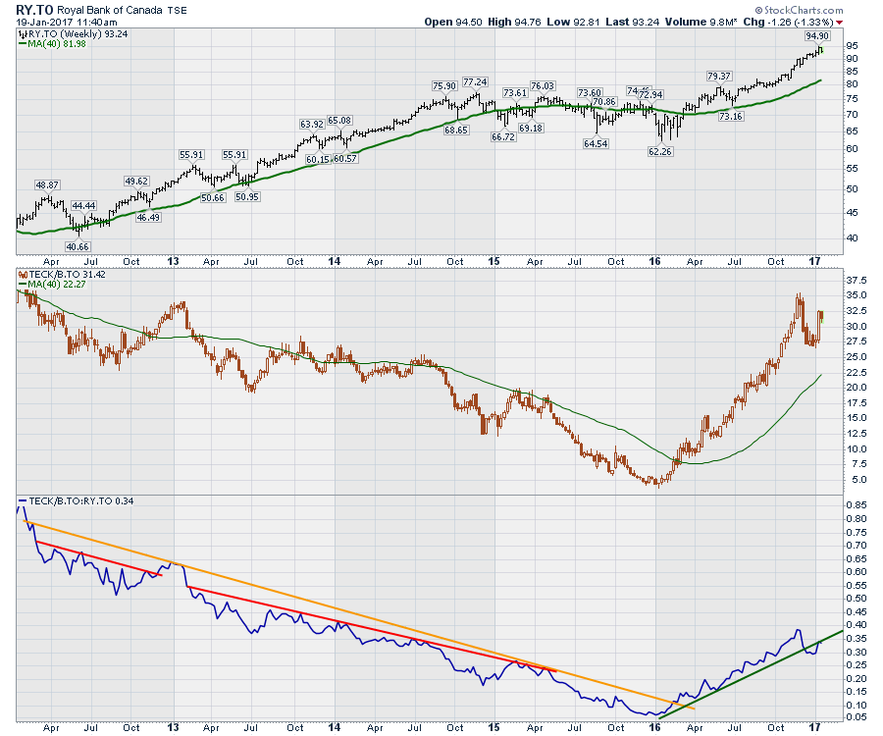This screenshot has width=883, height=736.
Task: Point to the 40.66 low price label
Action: coord(78,245)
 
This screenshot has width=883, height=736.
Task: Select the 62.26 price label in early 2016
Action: coord(659,152)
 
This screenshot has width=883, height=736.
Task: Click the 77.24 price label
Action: coord(476,81)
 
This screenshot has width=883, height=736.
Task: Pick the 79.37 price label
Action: coord(719,77)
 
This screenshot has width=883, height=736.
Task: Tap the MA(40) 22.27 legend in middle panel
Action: coord(52,284)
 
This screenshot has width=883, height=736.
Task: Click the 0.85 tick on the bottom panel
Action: coord(856,505)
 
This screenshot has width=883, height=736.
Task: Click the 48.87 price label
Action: coord(48,184)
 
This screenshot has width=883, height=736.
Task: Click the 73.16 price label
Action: coord(730,117)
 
